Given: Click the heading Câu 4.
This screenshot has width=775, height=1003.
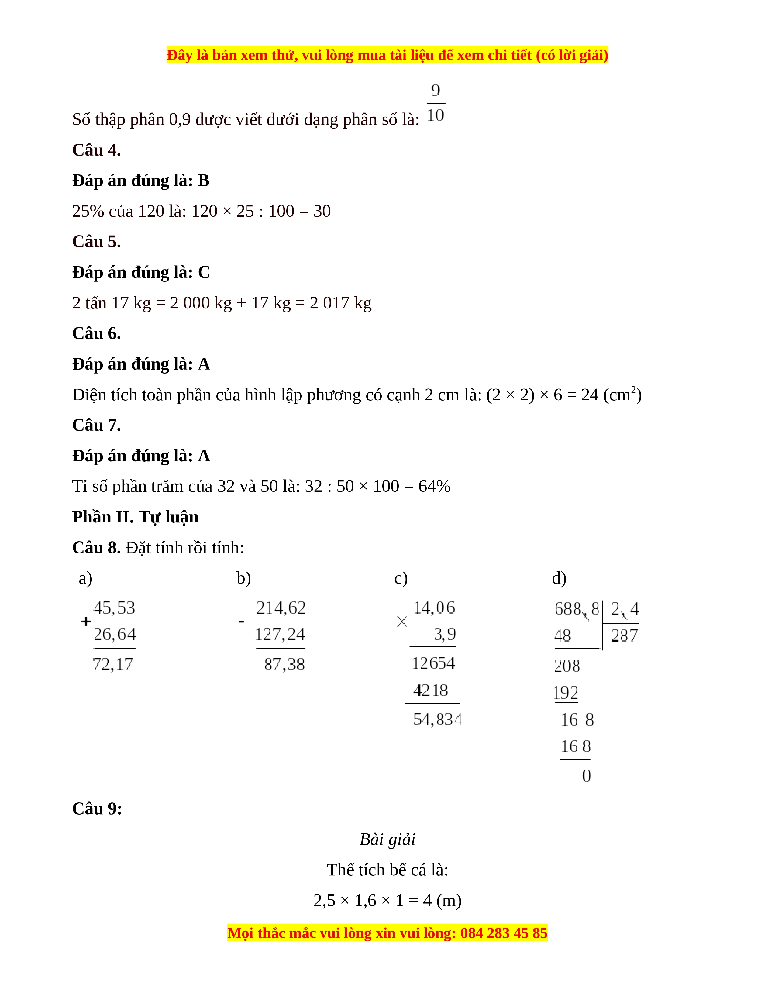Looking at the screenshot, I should (96, 150).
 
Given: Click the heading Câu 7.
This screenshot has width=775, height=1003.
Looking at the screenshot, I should (96, 425).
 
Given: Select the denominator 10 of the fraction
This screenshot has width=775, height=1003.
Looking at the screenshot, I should (435, 115).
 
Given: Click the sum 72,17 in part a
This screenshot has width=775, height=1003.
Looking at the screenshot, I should (113, 664).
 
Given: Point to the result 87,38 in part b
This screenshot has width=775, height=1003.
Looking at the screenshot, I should (284, 664).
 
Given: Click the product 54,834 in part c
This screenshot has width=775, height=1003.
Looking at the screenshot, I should (437, 719).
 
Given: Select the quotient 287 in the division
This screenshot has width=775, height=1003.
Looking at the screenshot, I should (624, 636).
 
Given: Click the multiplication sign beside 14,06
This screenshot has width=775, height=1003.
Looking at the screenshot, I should (402, 622).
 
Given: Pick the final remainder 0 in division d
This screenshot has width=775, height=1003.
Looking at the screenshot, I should (586, 776).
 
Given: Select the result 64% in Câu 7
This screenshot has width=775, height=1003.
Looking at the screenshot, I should (434, 486).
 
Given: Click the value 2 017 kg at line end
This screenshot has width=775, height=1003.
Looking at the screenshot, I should (340, 303).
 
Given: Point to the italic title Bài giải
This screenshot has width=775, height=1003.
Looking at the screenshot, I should (387, 839).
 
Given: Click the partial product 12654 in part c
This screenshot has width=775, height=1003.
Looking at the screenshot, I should (433, 663).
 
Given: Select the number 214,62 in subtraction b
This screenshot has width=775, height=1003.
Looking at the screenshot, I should (281, 608).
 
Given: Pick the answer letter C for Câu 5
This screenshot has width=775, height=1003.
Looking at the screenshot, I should (204, 272).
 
